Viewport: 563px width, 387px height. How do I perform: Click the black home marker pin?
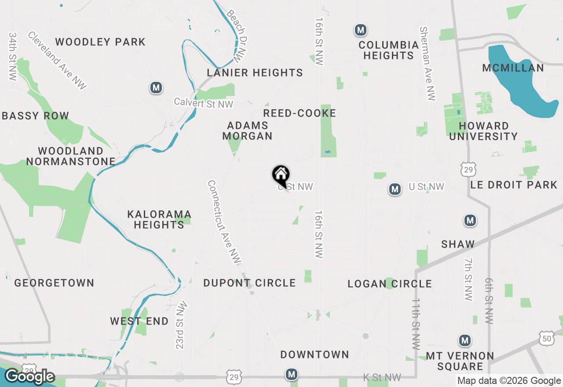pyautogui.click(x=281, y=175)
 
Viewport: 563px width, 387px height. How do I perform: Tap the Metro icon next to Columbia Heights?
pyautogui.click(x=361, y=30)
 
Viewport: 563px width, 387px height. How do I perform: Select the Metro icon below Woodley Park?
pyautogui.click(x=156, y=88)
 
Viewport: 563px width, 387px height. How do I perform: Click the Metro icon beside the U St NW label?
pyautogui.click(x=395, y=190)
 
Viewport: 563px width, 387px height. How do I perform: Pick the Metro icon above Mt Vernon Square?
pyautogui.click(x=464, y=340)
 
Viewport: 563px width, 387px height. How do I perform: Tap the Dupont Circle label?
pyautogui.click(x=249, y=283)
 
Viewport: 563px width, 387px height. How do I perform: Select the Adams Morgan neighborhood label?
pyautogui.click(x=247, y=131)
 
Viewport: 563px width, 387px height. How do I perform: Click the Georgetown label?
pyautogui.click(x=54, y=283)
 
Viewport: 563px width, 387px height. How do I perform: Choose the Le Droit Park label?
pyautogui.click(x=514, y=185)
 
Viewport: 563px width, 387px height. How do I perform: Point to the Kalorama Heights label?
pyautogui.click(x=159, y=219)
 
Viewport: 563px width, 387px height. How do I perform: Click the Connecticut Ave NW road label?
pyautogui.click(x=224, y=222)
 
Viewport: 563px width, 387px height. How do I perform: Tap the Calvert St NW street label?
pyautogui.click(x=203, y=102)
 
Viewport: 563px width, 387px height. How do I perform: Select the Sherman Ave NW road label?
pyautogui.click(x=427, y=64)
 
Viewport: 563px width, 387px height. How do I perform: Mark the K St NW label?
pyautogui.click(x=382, y=377)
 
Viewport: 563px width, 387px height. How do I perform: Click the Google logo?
pyautogui.click(x=29, y=376)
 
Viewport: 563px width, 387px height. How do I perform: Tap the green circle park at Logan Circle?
pyautogui.click(x=389, y=283)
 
